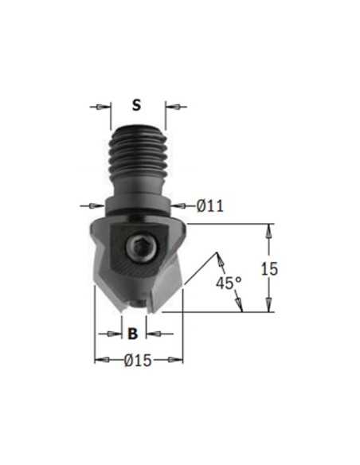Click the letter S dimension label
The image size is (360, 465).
(x=136, y=105)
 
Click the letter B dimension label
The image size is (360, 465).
(x=133, y=334)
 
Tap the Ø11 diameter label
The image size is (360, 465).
(x=210, y=205)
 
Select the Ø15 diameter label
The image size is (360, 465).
(x=138, y=361)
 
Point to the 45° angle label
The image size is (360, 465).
(x=229, y=283)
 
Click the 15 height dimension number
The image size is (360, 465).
(x=269, y=269)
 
